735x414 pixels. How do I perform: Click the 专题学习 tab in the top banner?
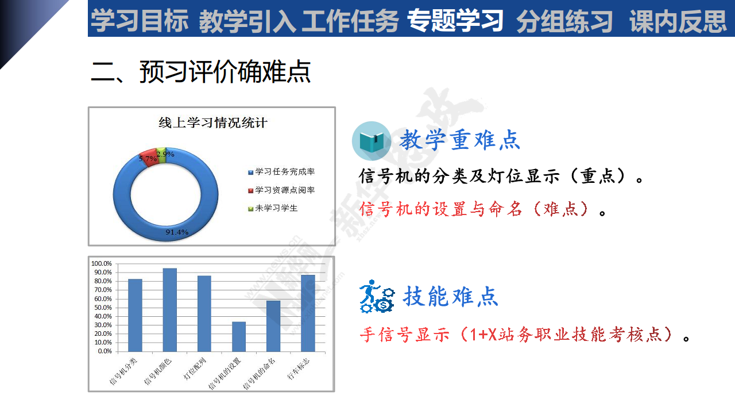[455, 20]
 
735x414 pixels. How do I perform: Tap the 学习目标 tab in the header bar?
[139, 21]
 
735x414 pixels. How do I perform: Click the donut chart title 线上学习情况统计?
[213, 123]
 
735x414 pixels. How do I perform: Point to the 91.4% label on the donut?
[177, 232]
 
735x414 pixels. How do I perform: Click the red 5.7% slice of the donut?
[149, 158]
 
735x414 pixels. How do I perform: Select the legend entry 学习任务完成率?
[281, 172]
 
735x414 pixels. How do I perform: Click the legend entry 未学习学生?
[273, 208]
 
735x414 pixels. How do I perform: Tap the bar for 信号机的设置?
[239, 336]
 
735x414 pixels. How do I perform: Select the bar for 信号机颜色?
[169, 310]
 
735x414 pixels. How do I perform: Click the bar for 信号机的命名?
[273, 326]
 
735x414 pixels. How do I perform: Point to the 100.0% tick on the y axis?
[102, 263]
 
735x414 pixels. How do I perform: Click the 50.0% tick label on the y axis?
[103, 308]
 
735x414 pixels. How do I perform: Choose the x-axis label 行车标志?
[298, 369]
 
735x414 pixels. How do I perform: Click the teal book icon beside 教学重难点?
[372, 141]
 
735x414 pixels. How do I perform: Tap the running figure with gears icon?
[377, 296]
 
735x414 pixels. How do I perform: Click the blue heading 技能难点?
[451, 296]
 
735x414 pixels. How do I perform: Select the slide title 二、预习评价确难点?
[201, 71]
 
